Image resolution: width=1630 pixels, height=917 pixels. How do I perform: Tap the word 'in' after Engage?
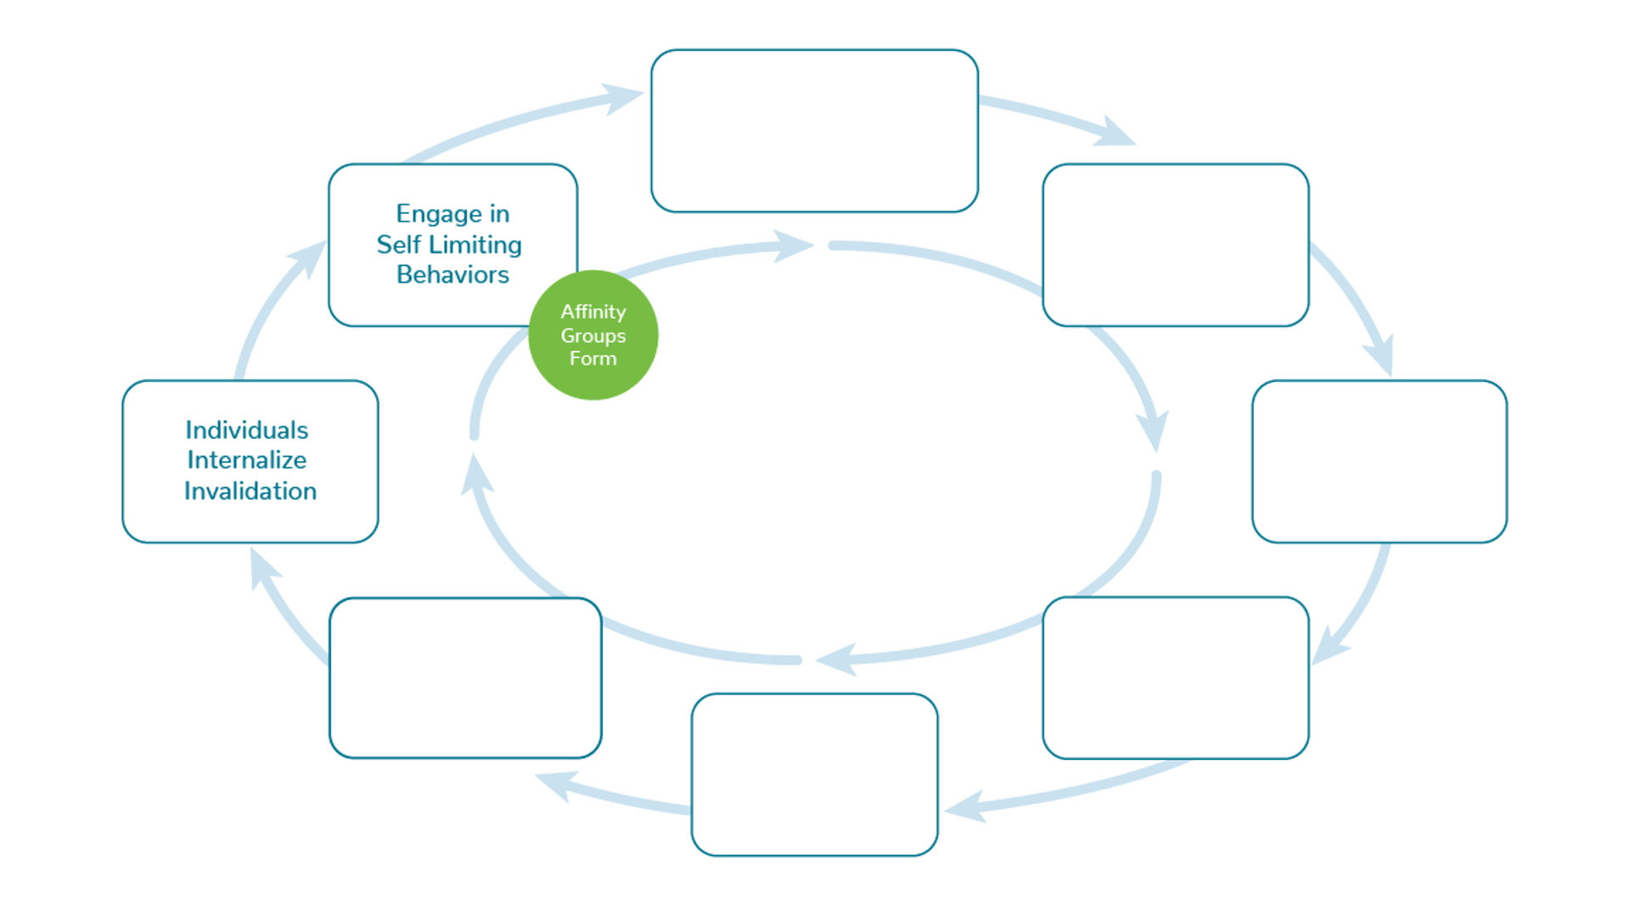point(499,213)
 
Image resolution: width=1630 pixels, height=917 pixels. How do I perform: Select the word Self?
point(398,245)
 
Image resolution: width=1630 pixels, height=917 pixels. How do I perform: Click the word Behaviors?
point(452,275)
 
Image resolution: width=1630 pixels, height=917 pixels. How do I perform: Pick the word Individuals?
point(246,430)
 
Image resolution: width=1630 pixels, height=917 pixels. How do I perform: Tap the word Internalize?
point(246,460)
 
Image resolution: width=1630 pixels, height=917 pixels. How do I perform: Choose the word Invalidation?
point(250,492)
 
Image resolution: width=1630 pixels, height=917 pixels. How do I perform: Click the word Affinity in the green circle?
point(593,312)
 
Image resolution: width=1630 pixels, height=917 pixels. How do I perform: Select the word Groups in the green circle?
point(593,336)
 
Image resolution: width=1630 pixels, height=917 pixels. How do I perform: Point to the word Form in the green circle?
point(593,359)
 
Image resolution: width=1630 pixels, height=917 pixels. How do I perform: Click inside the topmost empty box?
point(814,131)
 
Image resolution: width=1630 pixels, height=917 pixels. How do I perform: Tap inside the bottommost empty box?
point(814,774)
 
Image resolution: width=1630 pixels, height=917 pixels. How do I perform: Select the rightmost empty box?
point(1379,461)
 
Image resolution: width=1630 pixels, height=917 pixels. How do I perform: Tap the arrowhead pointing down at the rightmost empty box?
point(1381,355)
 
